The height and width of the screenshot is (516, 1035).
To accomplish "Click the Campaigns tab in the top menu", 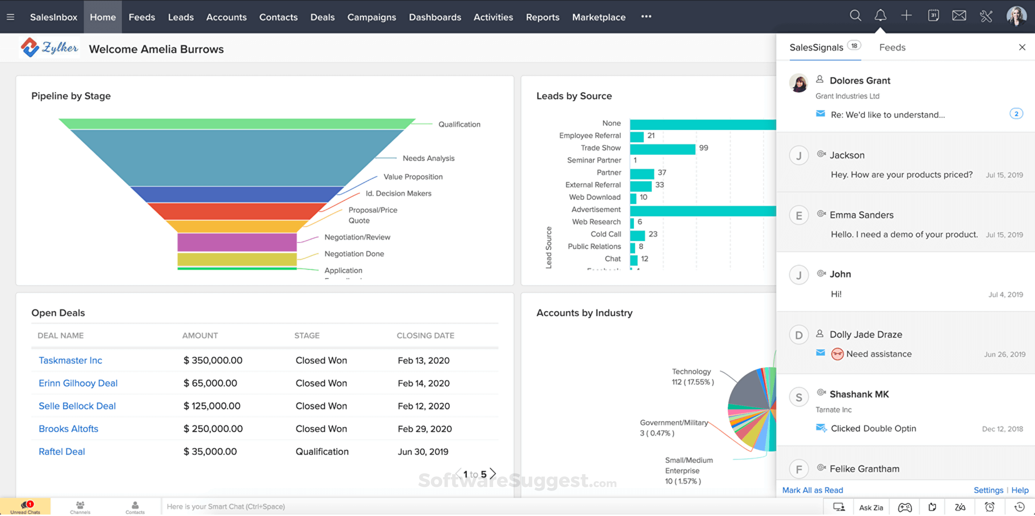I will coord(371,17).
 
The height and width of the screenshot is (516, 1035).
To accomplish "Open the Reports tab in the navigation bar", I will coord(543,17).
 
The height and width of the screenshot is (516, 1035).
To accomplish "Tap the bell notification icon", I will coord(880,16).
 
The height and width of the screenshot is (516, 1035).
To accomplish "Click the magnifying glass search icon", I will coord(855,16).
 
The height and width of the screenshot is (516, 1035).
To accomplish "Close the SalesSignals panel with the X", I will coord(1022,47).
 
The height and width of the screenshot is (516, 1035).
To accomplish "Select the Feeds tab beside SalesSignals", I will coord(892,47).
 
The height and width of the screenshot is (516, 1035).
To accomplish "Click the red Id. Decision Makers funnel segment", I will coord(237,211).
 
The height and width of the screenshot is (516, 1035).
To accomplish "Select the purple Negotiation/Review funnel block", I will coord(237,242).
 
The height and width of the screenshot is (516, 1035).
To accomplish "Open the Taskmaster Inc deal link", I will coord(70,360).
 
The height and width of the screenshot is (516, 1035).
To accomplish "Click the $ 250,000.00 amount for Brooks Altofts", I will coord(213,429).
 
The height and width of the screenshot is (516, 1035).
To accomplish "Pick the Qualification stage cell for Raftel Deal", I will coord(322,452).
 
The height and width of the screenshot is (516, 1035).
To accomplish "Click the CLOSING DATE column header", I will coord(425,335).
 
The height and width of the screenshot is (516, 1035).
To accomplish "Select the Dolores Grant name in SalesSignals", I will coord(860,80).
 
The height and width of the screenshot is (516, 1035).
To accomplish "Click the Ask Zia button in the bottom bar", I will coord(871,508).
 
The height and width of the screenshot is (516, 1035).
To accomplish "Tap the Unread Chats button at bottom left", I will coord(25,507).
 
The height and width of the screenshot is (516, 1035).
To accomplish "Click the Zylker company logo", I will coord(49,48).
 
